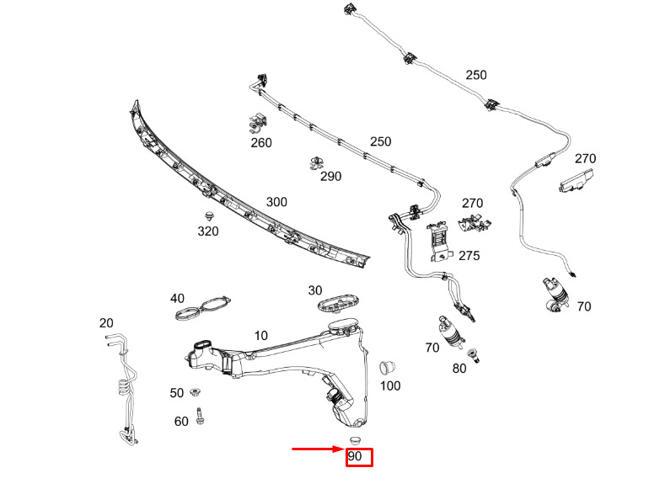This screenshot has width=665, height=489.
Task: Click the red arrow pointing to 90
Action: pos(319,449)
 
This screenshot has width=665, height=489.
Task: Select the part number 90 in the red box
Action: pos(355,456)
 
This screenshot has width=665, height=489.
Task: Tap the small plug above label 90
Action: pos(355,440)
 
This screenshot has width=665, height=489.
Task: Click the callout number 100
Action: pos(390,385)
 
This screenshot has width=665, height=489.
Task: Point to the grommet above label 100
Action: pos(387,368)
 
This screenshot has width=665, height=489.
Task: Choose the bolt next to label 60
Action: pos(199,416)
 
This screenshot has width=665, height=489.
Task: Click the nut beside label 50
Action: pos(195,392)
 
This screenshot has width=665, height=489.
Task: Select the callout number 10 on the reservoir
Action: pos(260,336)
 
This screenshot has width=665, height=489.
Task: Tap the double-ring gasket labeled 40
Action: pos(203,308)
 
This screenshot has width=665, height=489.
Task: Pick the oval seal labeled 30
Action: pos(339,302)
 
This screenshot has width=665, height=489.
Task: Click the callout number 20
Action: pos(106,323)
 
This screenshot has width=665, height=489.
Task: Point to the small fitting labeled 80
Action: pos(473,355)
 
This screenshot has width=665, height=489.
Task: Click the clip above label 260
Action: pos(258,123)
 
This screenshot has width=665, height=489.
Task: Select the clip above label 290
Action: pos(316,163)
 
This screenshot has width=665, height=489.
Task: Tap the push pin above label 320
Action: pos(209,215)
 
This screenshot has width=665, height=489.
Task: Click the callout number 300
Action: pos(276,202)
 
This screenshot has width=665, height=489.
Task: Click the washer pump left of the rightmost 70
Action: pos(555,295)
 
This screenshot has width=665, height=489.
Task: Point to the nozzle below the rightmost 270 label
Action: pos(576,180)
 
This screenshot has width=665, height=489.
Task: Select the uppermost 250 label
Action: pos(476,75)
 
